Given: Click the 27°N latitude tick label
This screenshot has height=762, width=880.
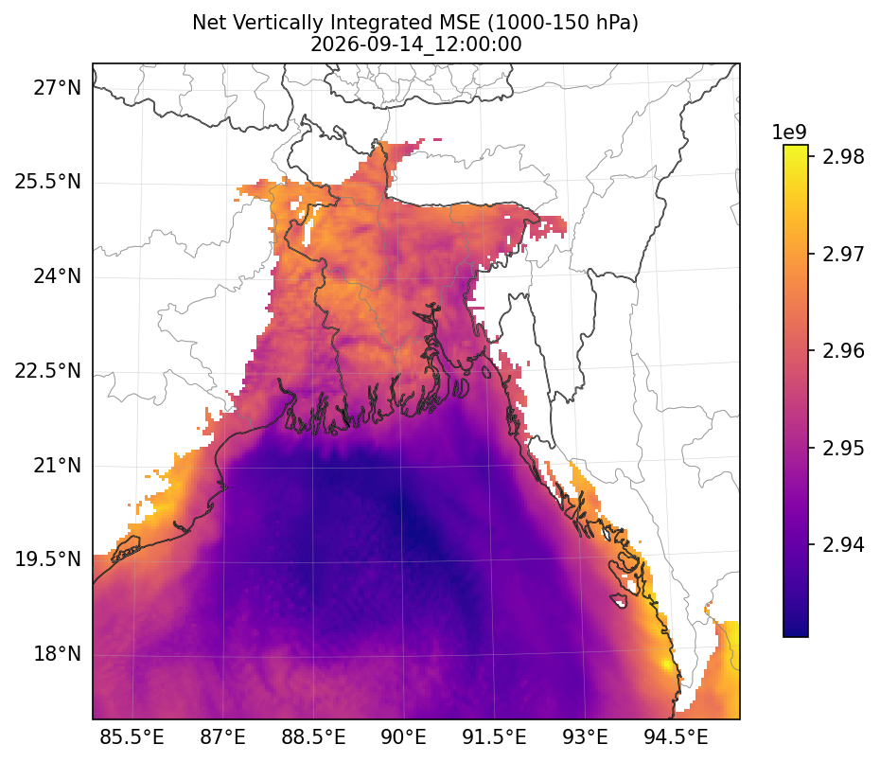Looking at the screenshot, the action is click(x=57, y=88).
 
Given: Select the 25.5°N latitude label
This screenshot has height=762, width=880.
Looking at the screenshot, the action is click(x=48, y=183).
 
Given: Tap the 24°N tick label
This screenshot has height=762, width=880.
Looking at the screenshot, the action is click(x=57, y=276).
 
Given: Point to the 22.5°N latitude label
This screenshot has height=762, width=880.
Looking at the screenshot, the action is click(x=48, y=371).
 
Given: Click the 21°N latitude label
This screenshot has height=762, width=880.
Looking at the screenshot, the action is click(x=57, y=466).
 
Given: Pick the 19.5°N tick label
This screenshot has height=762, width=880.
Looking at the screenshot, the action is click(x=48, y=559).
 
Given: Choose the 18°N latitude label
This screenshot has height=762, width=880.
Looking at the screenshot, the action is click(x=57, y=654).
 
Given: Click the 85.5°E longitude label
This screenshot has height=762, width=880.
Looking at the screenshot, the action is click(x=132, y=736).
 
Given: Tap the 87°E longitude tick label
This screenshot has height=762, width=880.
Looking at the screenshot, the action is click(x=222, y=736).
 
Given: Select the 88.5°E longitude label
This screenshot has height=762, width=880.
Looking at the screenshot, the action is click(x=313, y=736).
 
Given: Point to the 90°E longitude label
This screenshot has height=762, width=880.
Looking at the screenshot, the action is click(x=403, y=736).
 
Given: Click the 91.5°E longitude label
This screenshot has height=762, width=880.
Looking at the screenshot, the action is click(x=495, y=736).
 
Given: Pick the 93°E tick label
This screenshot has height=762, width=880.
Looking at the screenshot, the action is click(x=586, y=736).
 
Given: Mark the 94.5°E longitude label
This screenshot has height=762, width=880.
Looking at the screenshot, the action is click(x=676, y=736).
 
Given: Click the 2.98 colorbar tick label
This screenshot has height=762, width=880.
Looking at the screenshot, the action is click(x=843, y=157).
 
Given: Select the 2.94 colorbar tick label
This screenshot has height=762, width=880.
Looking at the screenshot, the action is click(x=843, y=544).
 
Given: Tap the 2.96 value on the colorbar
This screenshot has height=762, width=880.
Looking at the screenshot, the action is click(x=843, y=351).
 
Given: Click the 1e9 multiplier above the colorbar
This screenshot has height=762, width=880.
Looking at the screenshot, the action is click(x=789, y=133).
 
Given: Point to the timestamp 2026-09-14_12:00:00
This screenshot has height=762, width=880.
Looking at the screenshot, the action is click(x=415, y=44).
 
